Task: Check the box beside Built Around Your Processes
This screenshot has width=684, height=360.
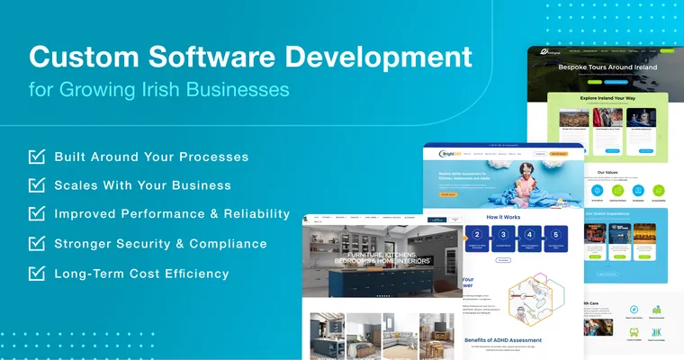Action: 37,157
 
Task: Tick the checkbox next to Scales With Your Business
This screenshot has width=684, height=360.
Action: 37,185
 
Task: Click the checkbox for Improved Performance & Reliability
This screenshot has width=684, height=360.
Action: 37,214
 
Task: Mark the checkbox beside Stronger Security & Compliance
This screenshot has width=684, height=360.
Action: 37,243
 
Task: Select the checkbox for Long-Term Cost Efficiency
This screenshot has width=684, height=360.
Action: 37,273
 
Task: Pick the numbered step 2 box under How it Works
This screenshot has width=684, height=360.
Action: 476,238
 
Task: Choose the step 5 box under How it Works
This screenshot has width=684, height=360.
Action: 557,238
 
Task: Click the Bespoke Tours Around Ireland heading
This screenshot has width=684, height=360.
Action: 607,67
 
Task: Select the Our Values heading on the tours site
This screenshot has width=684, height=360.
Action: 607,171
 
